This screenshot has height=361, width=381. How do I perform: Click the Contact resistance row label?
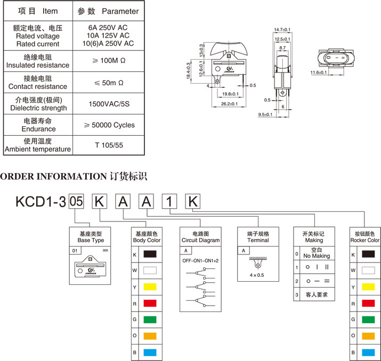(37, 86)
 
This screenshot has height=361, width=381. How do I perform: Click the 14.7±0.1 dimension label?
(282, 29)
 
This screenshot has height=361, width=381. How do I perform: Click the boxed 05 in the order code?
(77, 201)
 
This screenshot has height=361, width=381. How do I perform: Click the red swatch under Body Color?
(150, 303)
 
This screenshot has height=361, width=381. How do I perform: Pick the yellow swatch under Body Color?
(150, 287)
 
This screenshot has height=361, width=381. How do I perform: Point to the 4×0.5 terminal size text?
(258, 275)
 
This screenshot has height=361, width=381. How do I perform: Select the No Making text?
(317, 256)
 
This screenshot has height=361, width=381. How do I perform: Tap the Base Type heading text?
(91, 240)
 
